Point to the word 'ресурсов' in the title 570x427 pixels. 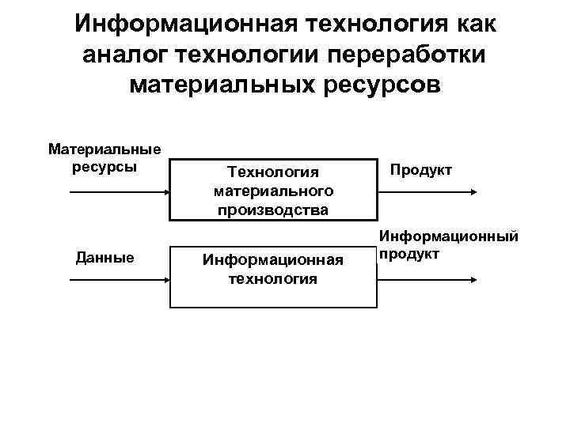click(x=377, y=83)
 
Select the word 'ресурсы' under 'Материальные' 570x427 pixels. click(x=104, y=166)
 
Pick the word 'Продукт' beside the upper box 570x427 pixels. click(x=420, y=169)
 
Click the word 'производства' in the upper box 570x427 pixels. click(x=273, y=210)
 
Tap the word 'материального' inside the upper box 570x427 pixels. click(x=273, y=191)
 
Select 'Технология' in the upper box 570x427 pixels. click(x=272, y=172)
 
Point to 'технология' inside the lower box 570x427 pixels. click(x=273, y=278)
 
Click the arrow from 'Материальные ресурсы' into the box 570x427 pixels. click(x=119, y=192)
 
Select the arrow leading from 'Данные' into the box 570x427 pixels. click(x=119, y=279)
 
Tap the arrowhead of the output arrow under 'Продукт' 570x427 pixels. click(x=473, y=192)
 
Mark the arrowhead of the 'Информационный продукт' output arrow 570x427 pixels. click(x=473, y=279)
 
